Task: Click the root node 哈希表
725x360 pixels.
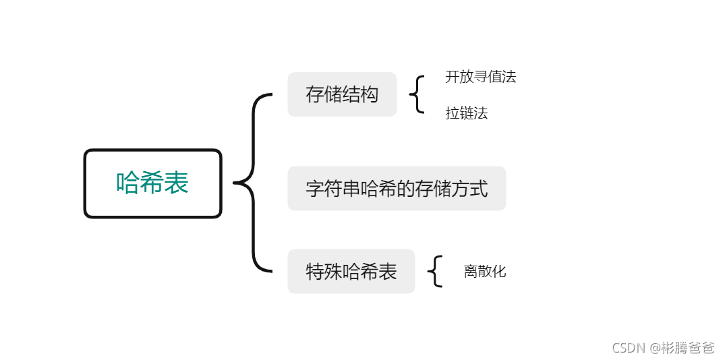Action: click(x=153, y=183)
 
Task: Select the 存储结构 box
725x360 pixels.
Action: click(x=342, y=94)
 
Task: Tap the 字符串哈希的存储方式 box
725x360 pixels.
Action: click(x=397, y=188)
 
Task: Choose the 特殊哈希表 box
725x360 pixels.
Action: click(x=351, y=271)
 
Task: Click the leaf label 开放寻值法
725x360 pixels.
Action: click(x=480, y=77)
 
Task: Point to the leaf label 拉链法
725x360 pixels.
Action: click(x=466, y=113)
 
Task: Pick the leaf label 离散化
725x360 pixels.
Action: click(x=484, y=272)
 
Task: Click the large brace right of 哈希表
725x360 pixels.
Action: click(x=253, y=183)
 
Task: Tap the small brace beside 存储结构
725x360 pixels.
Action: click(x=417, y=94)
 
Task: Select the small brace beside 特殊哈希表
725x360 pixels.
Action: click(x=436, y=271)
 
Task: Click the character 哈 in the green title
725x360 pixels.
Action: click(x=129, y=183)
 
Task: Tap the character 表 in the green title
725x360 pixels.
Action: click(x=177, y=183)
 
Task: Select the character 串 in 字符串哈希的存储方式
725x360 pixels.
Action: click(x=351, y=188)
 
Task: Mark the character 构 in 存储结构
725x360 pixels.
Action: click(x=370, y=94)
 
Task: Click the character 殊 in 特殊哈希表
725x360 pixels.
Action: click(x=333, y=271)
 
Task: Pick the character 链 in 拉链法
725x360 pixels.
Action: click(x=466, y=113)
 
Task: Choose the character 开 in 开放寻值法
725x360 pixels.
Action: click(x=452, y=77)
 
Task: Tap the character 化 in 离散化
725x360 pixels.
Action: click(x=498, y=272)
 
